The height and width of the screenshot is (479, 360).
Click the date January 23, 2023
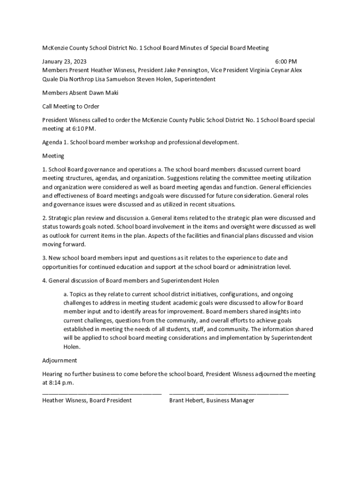65,61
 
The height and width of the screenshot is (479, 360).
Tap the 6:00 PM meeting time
286,61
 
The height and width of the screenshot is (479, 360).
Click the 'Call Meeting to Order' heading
71,106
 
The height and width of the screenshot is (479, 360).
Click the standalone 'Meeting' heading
53,156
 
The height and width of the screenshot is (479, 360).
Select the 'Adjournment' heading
59,361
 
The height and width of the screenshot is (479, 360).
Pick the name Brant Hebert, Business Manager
212,400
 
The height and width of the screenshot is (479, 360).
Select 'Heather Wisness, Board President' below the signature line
87,400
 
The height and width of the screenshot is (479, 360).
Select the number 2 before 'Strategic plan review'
44,218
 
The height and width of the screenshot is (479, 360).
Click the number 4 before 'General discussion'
44,281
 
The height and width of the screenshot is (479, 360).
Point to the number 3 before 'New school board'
44,258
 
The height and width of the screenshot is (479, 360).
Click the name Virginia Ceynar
265,70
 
